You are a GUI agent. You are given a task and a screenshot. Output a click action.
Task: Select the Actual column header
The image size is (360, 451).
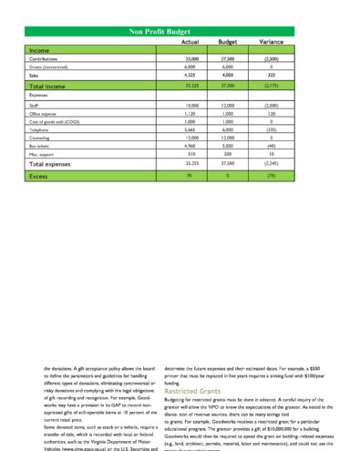(190, 42)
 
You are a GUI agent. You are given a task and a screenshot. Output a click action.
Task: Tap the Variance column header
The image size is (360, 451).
(271, 42)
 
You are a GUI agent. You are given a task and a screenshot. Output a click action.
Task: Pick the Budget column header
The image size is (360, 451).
(228, 42)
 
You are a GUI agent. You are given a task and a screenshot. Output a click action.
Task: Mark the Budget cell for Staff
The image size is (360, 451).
(228, 106)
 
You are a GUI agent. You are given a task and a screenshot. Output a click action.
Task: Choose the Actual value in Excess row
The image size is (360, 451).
(189, 175)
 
